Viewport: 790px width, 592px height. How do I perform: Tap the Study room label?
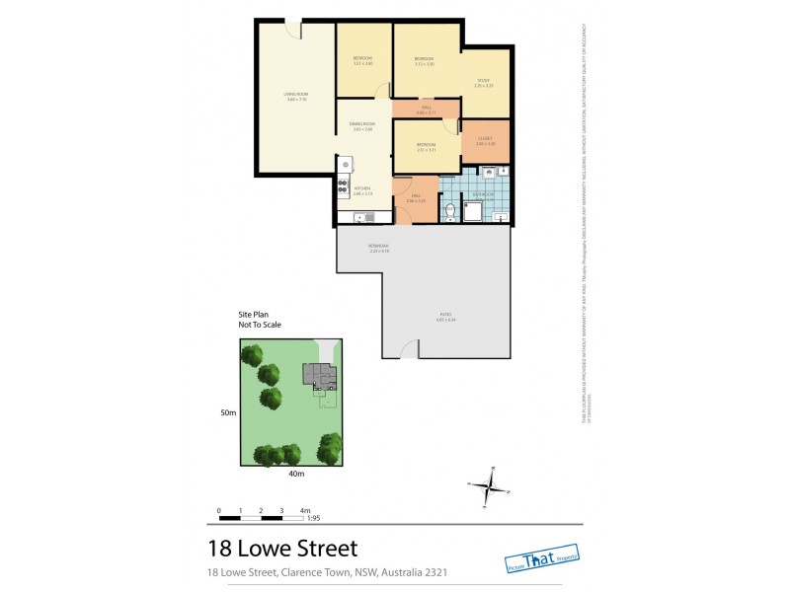(x=484, y=83)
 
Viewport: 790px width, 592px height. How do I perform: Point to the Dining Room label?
(x=362, y=125)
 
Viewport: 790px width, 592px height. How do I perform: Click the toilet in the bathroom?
(x=450, y=210)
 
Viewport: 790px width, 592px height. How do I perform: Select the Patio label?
(x=446, y=317)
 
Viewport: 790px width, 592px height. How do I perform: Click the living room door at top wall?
(x=294, y=28)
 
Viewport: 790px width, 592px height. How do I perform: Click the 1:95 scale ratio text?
(x=314, y=518)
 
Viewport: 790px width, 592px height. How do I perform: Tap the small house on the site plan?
(x=318, y=377)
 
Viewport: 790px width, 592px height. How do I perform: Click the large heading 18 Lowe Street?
(x=281, y=548)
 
